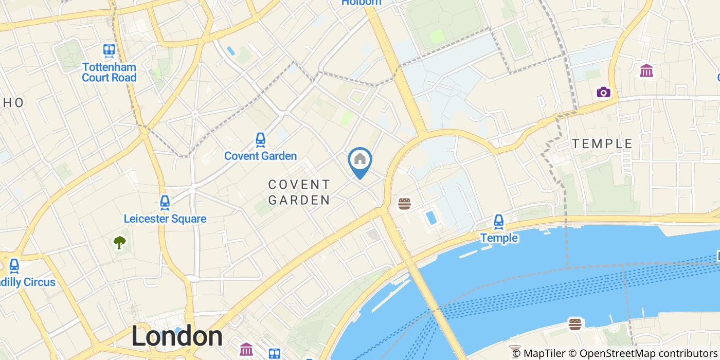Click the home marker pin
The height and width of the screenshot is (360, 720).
point(360,160)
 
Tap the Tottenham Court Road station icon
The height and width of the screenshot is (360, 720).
point(109,50)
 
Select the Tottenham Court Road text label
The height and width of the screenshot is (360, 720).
point(109,73)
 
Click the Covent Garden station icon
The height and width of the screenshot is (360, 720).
point(261,139)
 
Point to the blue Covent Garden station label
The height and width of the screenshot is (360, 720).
point(261,156)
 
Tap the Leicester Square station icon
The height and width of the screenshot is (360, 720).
point(165,202)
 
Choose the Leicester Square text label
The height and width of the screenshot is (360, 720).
point(165,219)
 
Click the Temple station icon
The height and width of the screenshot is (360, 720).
point(498,222)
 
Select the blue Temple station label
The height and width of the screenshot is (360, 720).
point(499,238)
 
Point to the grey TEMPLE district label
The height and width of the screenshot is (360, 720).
point(602,144)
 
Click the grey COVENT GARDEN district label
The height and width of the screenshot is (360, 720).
point(299,192)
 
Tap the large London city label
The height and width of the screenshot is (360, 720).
point(177,336)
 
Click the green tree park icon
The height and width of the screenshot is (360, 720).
point(120,242)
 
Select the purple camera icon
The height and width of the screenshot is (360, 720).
point(603,92)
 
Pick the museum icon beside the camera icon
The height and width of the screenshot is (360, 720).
point(646,70)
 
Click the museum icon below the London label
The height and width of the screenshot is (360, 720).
point(246,350)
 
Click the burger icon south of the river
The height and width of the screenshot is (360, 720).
point(575,324)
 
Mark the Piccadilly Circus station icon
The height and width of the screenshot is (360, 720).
point(14,266)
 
